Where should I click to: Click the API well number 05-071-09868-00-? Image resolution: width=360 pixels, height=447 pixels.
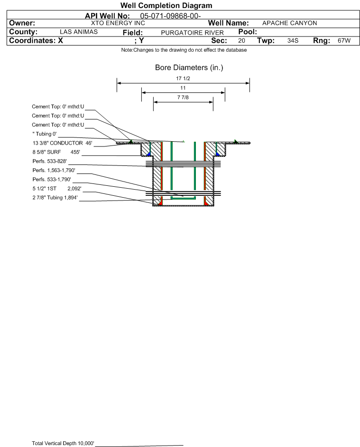170,16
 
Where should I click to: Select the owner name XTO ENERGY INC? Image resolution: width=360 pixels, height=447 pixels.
118,23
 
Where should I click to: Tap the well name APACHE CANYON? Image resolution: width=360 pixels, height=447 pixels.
289,23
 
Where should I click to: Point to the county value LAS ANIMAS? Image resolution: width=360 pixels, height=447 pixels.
79,32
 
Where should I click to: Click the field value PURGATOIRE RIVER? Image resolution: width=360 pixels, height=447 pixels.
192,33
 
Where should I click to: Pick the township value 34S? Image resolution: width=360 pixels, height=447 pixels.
293,40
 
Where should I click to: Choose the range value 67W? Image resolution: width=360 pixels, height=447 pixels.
344,40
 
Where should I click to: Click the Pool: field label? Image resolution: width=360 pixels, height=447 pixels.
248,32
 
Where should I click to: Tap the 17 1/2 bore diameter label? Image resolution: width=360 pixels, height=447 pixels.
183,78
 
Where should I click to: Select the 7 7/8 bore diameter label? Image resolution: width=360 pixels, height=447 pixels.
183,98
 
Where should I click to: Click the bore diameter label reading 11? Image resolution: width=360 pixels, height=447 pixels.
183,88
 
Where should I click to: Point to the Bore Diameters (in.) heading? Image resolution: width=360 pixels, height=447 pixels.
189,68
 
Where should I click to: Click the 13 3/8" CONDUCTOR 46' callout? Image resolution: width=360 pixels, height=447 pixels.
63,143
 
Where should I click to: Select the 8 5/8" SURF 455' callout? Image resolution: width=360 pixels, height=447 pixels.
56,152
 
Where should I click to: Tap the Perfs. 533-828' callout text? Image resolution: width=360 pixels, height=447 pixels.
50,161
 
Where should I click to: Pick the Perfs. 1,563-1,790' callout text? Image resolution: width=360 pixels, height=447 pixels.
54,171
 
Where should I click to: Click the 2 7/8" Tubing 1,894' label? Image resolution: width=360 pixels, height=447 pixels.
55,198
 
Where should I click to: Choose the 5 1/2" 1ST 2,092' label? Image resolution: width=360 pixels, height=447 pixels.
57,189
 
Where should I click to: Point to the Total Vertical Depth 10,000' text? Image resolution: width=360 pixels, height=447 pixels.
63,443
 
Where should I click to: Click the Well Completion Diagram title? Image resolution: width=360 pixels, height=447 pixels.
166,6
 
